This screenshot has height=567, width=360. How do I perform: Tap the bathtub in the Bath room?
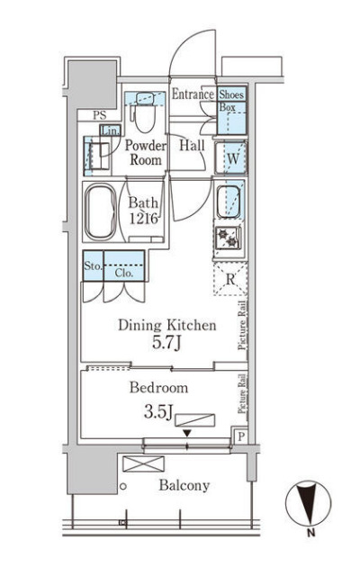pyautogui.click(x=101, y=211)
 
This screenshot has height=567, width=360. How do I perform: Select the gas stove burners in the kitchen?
pyautogui.click(x=228, y=238)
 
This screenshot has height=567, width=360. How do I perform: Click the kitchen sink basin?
pyautogui.click(x=229, y=202)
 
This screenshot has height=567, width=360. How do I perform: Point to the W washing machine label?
pyautogui.click(x=233, y=158)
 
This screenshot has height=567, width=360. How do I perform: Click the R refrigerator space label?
pyautogui.click(x=230, y=279)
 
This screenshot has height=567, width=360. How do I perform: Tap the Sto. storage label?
pyautogui.click(x=93, y=265)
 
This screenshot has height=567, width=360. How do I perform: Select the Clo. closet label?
pyautogui.click(x=124, y=273)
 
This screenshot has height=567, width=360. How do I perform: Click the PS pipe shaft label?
pyautogui.click(x=100, y=115)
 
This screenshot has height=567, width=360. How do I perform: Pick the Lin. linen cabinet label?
pyautogui.click(x=110, y=130)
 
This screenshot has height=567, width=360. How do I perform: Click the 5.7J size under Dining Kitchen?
pyautogui.click(x=166, y=343)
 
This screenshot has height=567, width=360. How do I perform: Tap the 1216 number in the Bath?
pyautogui.click(x=143, y=219)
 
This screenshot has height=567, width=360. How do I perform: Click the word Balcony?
pyautogui.click(x=184, y=485)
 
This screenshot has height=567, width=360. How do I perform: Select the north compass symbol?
pyautogui.click(x=308, y=503)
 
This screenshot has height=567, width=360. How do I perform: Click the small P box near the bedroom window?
pyautogui.click(x=241, y=436)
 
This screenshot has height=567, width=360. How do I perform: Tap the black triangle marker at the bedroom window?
pyautogui.click(x=187, y=433)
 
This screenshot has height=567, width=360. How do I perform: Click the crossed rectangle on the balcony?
pyautogui.click(x=143, y=463)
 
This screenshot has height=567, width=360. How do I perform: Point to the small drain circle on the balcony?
pyautogui.click(x=123, y=487)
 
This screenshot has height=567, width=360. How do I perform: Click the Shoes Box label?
pyautogui.click(x=231, y=101)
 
